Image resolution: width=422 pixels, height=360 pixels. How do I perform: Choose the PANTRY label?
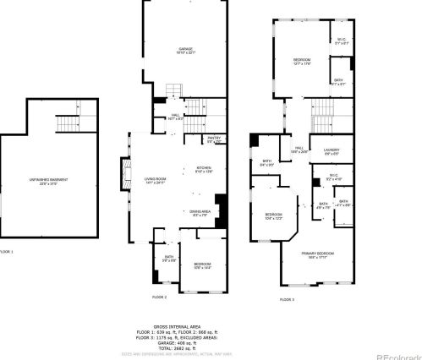215,139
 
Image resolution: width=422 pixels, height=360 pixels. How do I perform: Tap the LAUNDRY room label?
331,150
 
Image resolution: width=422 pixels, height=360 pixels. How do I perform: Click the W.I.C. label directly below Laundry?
332,176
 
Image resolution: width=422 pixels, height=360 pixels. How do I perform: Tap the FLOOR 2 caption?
159,297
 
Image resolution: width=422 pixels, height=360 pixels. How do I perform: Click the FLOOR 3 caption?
287,298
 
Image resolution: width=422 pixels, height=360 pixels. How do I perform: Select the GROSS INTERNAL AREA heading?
178,325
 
